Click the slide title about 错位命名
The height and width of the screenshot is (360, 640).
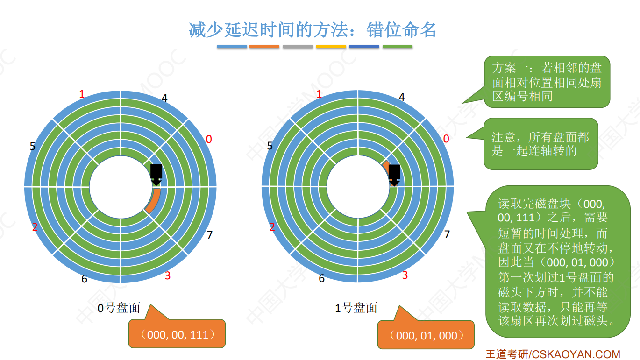[x=312, y=30]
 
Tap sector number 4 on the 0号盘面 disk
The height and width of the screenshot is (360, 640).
[x=164, y=98]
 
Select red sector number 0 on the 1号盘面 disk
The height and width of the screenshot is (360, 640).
[x=446, y=139]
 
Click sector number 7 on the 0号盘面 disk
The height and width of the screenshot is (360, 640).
[x=210, y=234]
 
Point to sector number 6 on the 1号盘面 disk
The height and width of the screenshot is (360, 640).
[x=321, y=279]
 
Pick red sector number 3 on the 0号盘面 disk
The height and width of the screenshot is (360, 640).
[x=167, y=275]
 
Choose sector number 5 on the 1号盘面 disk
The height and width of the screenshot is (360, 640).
[x=270, y=146]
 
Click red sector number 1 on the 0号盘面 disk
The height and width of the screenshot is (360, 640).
[x=82, y=94]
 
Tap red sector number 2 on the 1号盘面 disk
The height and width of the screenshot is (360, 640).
[x=272, y=227]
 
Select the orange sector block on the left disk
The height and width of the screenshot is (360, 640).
[x=154, y=201]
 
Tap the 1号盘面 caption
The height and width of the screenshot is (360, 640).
[x=356, y=308]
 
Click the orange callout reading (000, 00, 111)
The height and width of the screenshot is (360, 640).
[x=177, y=334]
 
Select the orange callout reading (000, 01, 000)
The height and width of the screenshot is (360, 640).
[x=426, y=335]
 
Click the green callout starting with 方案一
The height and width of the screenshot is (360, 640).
[x=547, y=82]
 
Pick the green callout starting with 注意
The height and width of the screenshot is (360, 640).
[x=540, y=144]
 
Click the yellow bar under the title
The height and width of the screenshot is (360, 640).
[x=331, y=47]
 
